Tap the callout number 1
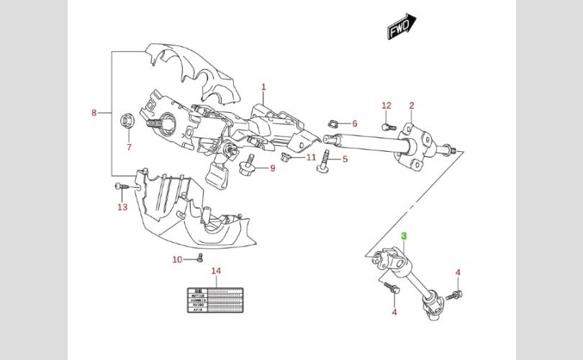coord(263,87)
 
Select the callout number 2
coord(412,106)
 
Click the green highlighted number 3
coord(405,236)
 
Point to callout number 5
coord(345,159)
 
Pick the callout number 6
coord(354,124)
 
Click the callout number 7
coord(130,148)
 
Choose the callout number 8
coord(94,113)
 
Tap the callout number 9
coord(273,168)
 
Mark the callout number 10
coord(177,260)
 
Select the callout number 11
coord(311,157)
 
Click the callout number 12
coord(387,106)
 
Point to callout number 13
coord(122,207)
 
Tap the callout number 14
coord(215,271)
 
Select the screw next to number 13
coord(122,186)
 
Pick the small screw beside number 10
coord(201,258)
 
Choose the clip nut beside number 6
coord(333,124)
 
